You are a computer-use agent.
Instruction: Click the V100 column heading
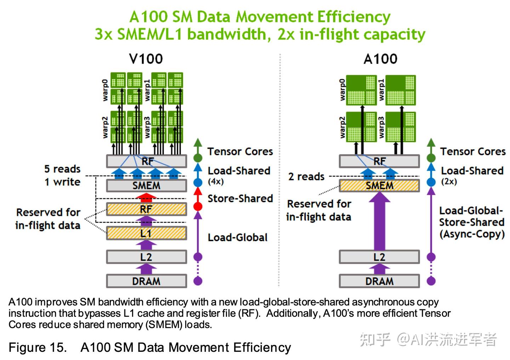click(x=146, y=59)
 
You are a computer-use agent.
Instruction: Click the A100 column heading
click(x=380, y=59)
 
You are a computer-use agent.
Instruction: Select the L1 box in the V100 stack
click(x=147, y=233)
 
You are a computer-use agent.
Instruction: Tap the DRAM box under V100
click(x=147, y=281)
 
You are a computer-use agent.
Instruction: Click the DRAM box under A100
click(x=379, y=281)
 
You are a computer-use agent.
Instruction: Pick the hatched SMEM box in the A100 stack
click(x=379, y=186)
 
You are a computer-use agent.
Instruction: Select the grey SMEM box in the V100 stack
click(x=147, y=186)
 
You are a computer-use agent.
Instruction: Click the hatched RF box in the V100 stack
click(x=147, y=209)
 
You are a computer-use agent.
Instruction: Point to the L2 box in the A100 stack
click(x=379, y=257)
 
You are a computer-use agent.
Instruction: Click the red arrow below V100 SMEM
click(x=146, y=198)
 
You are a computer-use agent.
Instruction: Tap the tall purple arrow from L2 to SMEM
click(x=379, y=221)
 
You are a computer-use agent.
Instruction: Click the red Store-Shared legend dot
click(x=198, y=207)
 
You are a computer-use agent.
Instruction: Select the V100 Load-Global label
click(x=238, y=238)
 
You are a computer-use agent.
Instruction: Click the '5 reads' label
click(x=62, y=169)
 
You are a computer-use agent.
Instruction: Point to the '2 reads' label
click(x=306, y=177)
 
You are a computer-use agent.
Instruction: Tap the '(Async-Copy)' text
click(x=472, y=234)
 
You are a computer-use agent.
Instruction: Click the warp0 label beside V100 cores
click(x=105, y=90)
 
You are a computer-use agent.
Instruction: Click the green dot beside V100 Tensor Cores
click(x=198, y=158)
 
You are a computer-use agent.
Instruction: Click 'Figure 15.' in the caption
click(x=38, y=348)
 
